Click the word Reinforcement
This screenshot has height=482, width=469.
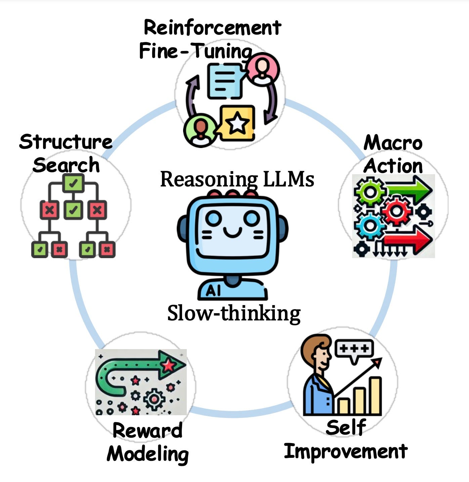tap(212, 28)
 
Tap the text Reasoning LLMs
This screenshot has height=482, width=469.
tap(237, 179)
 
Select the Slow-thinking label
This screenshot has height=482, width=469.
tap(234, 314)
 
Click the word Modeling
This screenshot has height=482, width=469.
tap(147, 454)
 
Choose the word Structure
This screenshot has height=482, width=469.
tap(66, 142)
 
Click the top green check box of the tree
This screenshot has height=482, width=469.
tap(73, 183)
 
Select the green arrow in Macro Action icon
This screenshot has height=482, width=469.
tap(408, 191)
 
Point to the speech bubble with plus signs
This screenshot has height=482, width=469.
tap(354, 349)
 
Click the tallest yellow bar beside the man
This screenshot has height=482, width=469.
tap(375, 396)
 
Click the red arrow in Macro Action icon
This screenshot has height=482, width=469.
tap(410, 240)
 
